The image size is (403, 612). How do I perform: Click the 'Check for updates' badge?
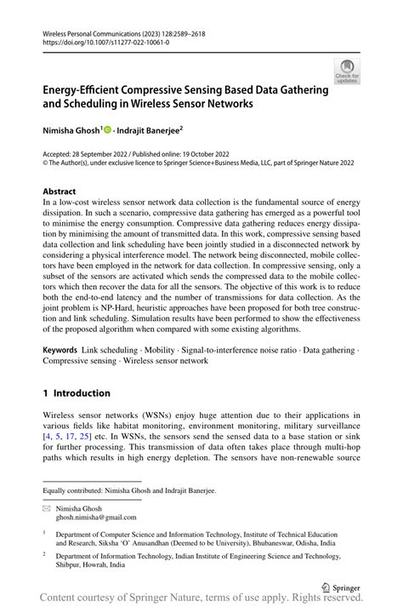347,71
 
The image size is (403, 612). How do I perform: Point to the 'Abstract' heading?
60,192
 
